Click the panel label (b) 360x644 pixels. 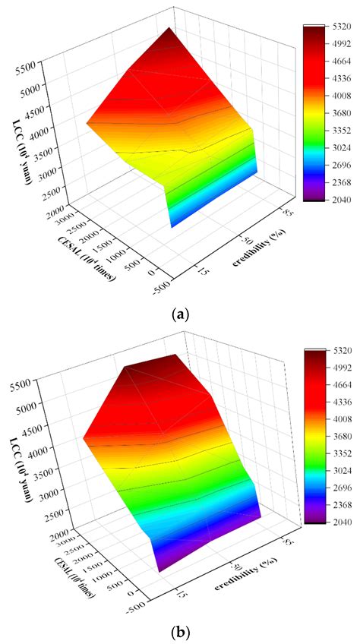180,631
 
